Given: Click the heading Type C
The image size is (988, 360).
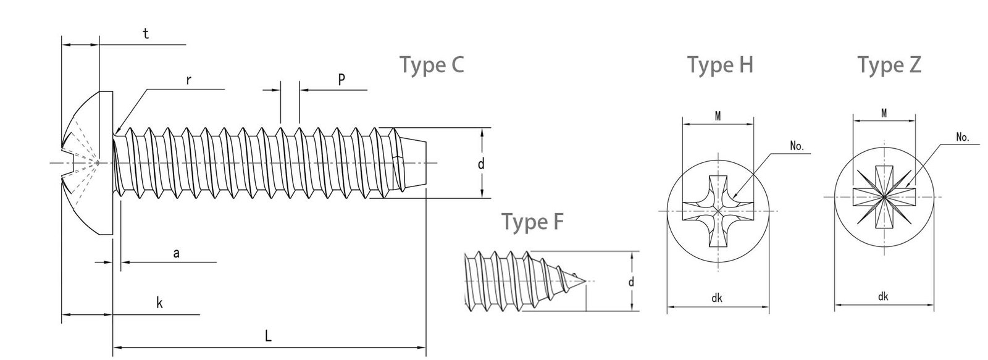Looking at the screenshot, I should (x=432, y=65).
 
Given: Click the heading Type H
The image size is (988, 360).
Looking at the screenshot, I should (x=720, y=65).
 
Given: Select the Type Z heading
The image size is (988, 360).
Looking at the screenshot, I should (x=889, y=65).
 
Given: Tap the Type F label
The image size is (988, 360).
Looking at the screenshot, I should (x=532, y=222).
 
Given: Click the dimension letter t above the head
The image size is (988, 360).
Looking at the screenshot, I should (x=146, y=34).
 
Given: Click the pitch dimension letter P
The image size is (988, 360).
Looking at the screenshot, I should (x=341, y=79).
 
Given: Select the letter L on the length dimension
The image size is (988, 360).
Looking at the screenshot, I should (x=268, y=336).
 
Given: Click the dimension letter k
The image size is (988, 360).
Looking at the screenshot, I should (x=159, y=303).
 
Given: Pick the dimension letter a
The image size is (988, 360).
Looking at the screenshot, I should (x=176, y=253).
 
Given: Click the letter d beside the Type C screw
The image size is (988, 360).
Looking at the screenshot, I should (x=481, y=164).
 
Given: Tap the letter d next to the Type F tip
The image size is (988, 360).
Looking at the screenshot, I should (x=631, y=282).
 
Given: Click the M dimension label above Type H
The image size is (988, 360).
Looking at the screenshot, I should (x=719, y=116).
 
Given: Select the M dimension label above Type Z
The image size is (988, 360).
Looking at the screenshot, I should (x=884, y=113).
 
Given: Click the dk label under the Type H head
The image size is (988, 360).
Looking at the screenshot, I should (x=717, y=298).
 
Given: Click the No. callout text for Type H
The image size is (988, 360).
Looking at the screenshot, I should (x=797, y=147).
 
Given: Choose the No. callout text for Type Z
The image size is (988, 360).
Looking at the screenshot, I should (x=962, y=138).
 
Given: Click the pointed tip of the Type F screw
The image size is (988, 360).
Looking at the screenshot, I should (x=585, y=282).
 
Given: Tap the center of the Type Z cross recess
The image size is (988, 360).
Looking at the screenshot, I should (x=884, y=197).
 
